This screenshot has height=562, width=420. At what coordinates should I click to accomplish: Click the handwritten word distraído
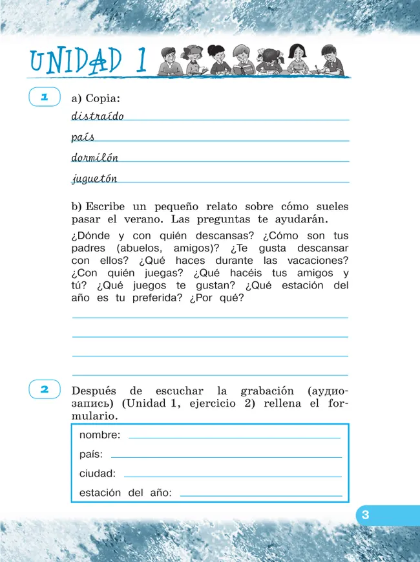point(97,116)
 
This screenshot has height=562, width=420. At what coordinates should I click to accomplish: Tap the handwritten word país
point(83,137)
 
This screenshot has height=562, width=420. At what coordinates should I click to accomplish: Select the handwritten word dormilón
point(94,158)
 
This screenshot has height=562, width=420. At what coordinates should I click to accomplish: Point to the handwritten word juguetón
point(94,179)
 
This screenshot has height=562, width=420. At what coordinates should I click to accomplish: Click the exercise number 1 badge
point(45,98)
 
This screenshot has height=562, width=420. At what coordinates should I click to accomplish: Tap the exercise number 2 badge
point(45,389)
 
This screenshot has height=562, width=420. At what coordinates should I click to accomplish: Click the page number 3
point(365,515)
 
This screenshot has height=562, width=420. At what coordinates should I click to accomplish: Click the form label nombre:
point(100,435)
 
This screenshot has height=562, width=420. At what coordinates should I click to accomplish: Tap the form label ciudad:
point(97,473)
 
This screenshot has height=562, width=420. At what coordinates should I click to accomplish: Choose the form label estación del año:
point(125,493)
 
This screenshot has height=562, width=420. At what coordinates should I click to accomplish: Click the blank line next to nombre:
point(234,438)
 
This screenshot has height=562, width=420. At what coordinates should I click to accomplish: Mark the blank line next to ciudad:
point(231,477)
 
